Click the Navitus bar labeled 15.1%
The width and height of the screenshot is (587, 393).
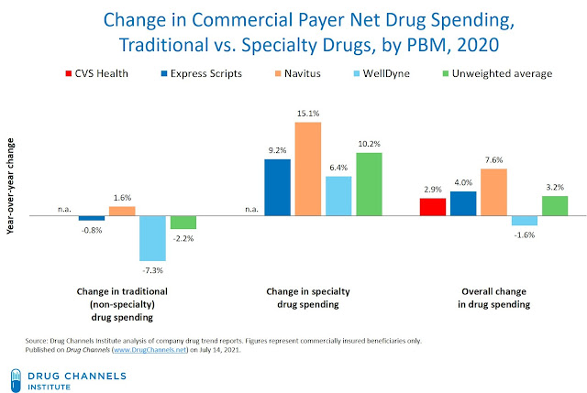[x=308, y=169]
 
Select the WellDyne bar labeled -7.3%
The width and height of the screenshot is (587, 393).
[x=152, y=238]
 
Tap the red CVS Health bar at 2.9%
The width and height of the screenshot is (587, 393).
[x=433, y=207]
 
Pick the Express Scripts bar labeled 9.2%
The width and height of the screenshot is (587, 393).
[x=277, y=188]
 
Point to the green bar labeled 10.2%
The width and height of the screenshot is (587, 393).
[x=369, y=184]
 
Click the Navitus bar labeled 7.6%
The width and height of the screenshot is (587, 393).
[x=493, y=192]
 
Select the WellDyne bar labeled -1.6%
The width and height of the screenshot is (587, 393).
[x=525, y=221]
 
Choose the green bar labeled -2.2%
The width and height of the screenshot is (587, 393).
[x=183, y=223]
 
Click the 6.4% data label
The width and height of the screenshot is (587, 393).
[x=338, y=168]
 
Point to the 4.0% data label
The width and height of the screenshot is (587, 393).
[x=463, y=182]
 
